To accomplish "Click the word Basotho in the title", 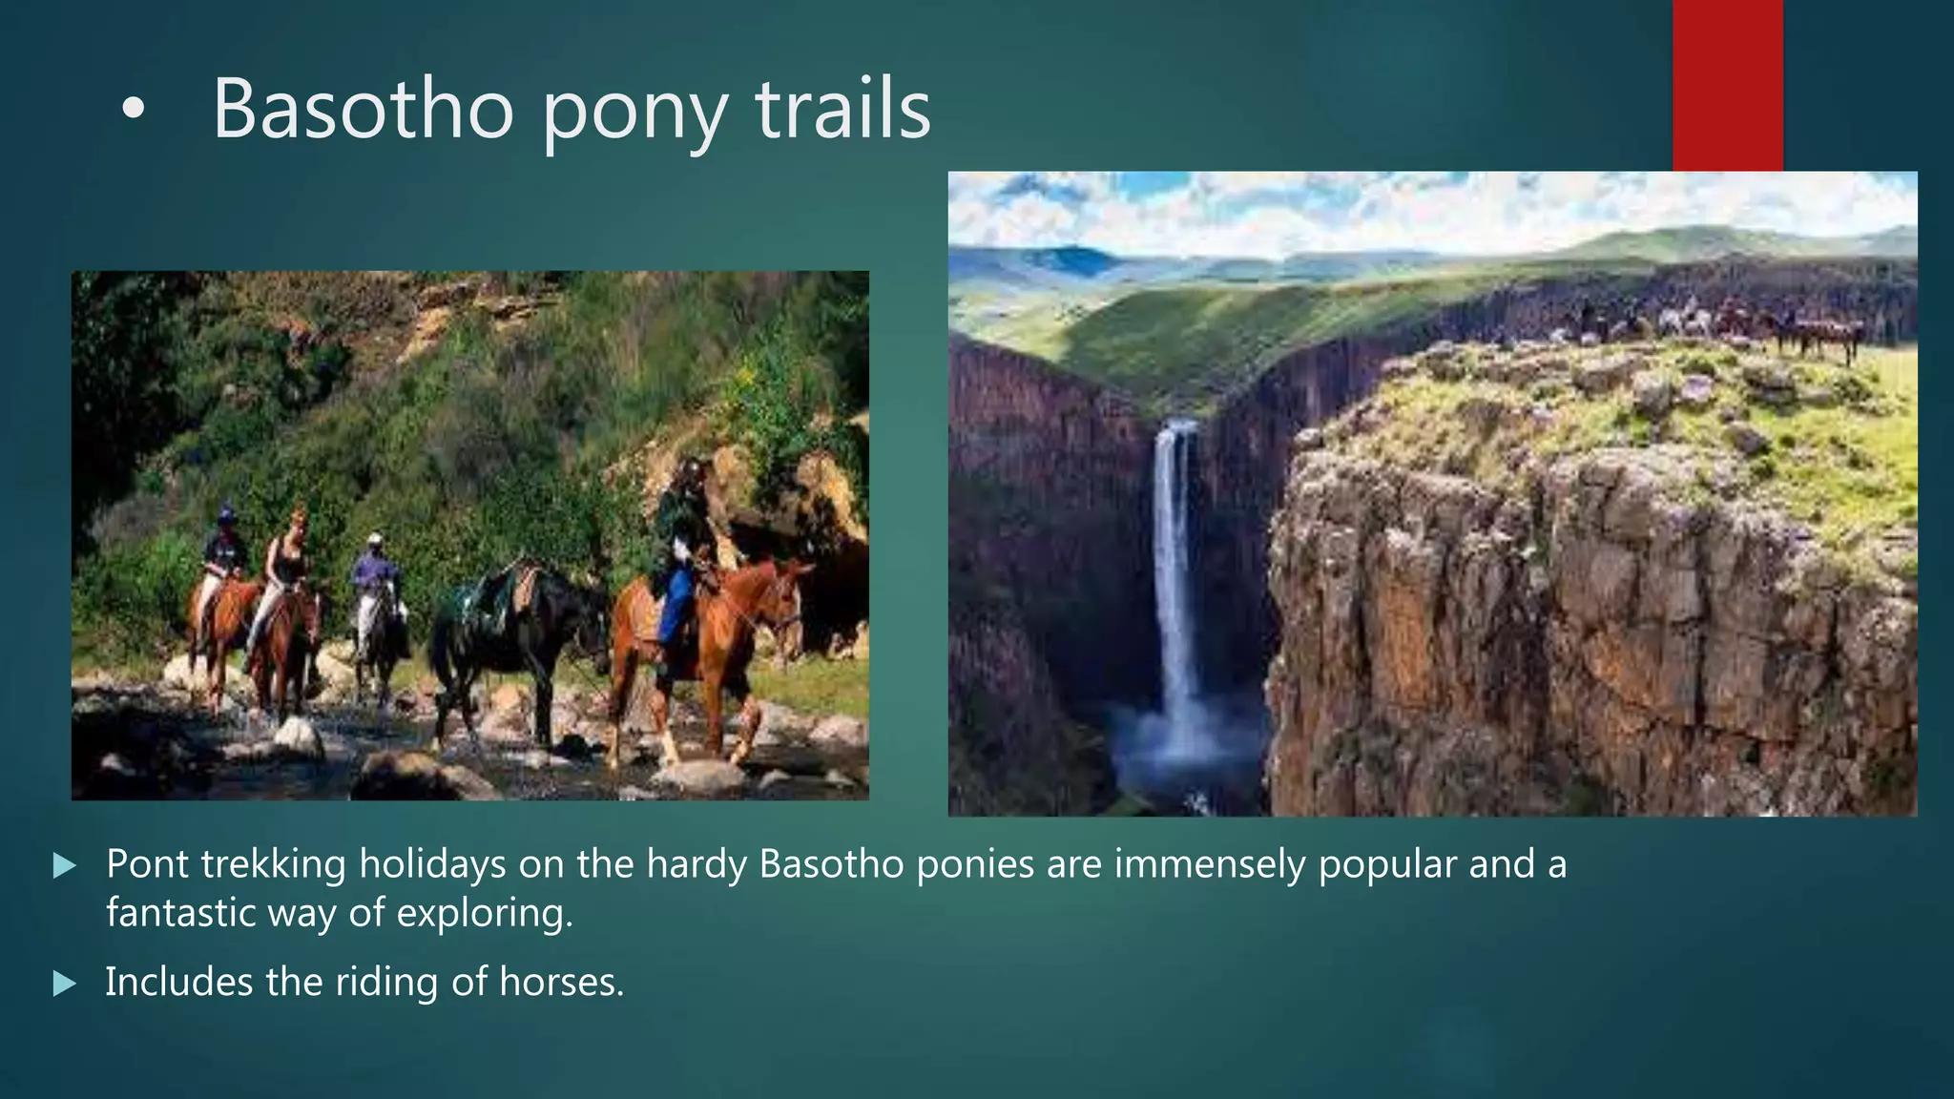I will tap(363, 109).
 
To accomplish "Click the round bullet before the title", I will tap(134, 111).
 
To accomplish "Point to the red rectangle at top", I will tap(1727, 84).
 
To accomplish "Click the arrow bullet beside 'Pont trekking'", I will tap(64, 866).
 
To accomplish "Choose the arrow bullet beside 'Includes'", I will tap(64, 984).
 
